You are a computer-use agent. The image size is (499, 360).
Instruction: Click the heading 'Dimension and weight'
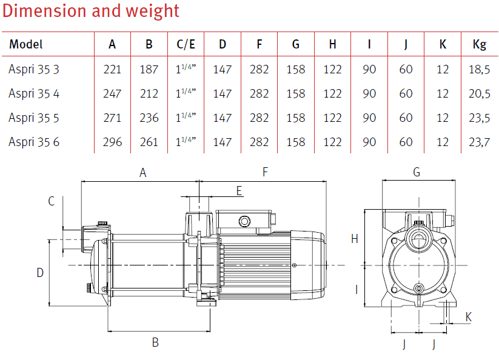pyautogui.click(x=92, y=11)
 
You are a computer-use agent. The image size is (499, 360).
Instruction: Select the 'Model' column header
pyautogui.click(x=26, y=44)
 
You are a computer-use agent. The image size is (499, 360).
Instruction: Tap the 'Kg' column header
pyautogui.click(x=479, y=44)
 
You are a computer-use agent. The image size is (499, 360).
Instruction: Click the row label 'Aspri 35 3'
pyautogui.click(x=34, y=69)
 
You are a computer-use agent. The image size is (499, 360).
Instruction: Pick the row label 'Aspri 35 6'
pyautogui.click(x=34, y=142)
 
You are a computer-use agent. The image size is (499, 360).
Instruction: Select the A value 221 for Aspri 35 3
pyautogui.click(x=112, y=69)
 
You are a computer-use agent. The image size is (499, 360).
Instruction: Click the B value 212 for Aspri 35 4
pyautogui.click(x=149, y=93)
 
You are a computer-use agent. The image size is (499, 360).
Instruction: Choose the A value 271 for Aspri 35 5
pyautogui.click(x=112, y=118)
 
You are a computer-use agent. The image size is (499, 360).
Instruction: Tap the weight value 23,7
pyautogui.click(x=479, y=142)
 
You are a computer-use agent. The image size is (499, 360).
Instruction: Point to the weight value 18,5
pyautogui.click(x=479, y=69)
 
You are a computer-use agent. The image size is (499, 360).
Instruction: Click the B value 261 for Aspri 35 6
pyautogui.click(x=149, y=142)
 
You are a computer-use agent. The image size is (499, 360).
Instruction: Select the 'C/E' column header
pyautogui.click(x=186, y=44)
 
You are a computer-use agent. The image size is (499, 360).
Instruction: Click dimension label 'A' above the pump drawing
pyautogui.click(x=143, y=173)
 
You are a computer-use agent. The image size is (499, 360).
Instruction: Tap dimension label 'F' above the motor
pyautogui.click(x=265, y=173)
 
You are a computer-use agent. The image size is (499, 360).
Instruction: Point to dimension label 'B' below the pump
pyautogui.click(x=155, y=342)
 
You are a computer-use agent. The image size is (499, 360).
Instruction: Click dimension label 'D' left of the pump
pyautogui.click(x=40, y=273)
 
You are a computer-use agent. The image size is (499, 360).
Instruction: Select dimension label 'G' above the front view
pyautogui.click(x=416, y=173)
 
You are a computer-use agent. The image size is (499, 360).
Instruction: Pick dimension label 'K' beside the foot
pyautogui.click(x=468, y=317)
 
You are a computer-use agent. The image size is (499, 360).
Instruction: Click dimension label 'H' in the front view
pyautogui.click(x=355, y=239)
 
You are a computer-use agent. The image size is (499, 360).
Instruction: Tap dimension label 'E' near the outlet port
pyautogui.click(x=239, y=191)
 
